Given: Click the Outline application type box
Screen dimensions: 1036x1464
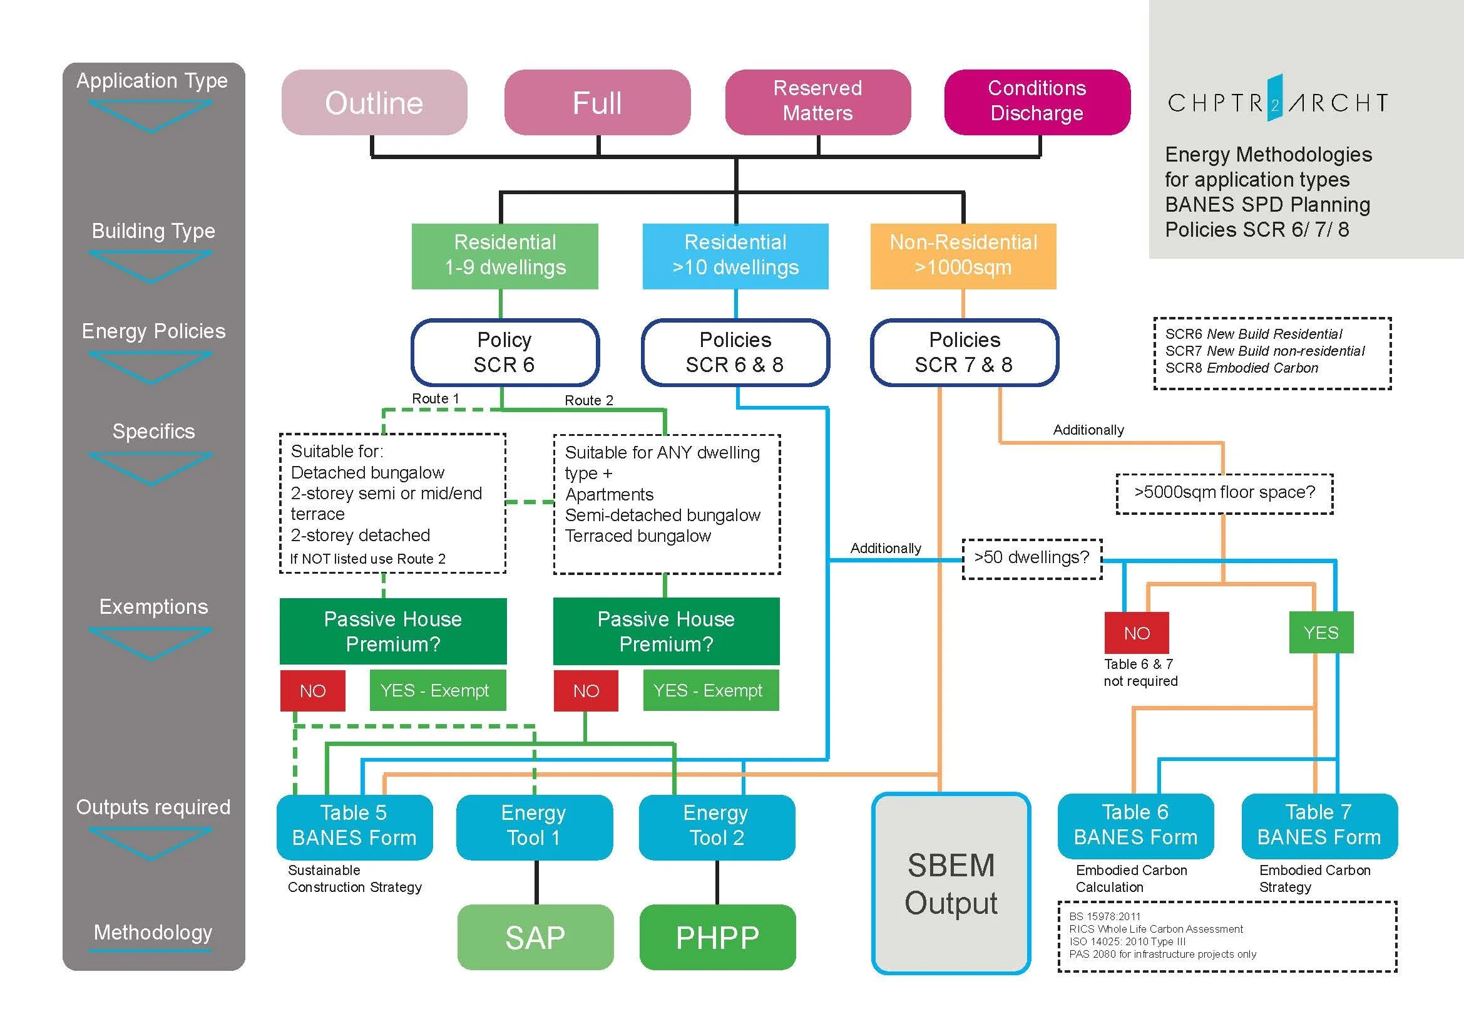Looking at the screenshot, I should [374, 103].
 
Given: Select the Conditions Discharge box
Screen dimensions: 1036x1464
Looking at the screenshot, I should [1037, 101].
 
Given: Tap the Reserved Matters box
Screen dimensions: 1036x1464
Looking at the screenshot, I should [817, 101].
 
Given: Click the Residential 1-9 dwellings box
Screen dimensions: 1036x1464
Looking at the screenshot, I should [504, 255].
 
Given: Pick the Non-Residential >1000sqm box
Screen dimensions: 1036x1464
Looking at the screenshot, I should [963, 255].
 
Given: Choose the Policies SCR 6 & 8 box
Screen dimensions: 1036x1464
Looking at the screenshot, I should [735, 352].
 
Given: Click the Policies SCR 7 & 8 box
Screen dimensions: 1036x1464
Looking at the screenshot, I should [964, 352].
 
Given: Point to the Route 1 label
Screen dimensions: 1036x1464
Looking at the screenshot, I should [435, 398].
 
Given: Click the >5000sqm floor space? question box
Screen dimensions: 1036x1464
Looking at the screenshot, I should [1224, 492].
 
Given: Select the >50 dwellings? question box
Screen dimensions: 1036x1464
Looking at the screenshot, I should [1031, 557].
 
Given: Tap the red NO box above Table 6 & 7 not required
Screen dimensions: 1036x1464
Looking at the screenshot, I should [1136, 633].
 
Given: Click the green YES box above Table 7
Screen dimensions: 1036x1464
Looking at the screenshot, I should [1321, 632].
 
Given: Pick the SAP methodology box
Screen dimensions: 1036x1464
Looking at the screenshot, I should [535, 937].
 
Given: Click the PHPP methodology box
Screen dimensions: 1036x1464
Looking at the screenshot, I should [717, 937].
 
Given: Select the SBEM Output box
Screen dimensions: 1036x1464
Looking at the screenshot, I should [951, 884].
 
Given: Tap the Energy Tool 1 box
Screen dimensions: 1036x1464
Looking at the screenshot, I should [534, 826].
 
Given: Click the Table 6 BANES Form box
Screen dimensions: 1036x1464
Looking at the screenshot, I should [1135, 825].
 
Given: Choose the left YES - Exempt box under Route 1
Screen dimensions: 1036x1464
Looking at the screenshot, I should [438, 690].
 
